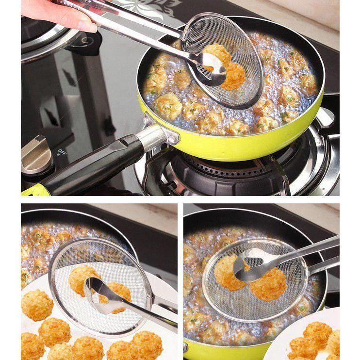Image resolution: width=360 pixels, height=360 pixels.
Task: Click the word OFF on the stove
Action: click(x=62, y=152)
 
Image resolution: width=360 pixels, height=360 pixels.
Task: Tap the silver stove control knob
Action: click(x=36, y=154)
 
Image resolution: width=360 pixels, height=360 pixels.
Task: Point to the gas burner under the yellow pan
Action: click(x=220, y=172)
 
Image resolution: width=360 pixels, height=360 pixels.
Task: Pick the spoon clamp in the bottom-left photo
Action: click(x=103, y=295)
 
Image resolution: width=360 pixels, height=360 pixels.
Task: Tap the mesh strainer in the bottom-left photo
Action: click(x=101, y=287)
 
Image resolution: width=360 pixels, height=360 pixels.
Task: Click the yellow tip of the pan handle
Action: click(x=34, y=190)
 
